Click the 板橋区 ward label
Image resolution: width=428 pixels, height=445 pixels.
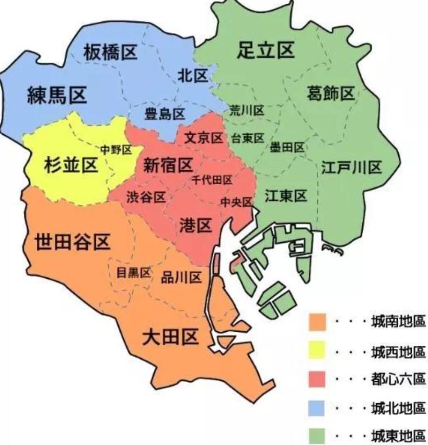coord(110,52)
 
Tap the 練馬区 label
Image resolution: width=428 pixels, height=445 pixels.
coord(57,96)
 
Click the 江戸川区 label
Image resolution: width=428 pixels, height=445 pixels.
coord(351,168)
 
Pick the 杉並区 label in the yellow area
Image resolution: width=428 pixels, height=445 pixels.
coord(70,165)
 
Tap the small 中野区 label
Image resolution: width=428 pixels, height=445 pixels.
coord(116,150)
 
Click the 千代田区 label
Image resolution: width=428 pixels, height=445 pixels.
coord(211,180)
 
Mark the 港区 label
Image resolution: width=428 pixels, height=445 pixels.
coord(196,225)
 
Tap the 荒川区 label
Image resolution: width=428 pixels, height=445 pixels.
coord(247,111)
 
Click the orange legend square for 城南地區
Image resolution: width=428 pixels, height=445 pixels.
coord(317,322)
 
